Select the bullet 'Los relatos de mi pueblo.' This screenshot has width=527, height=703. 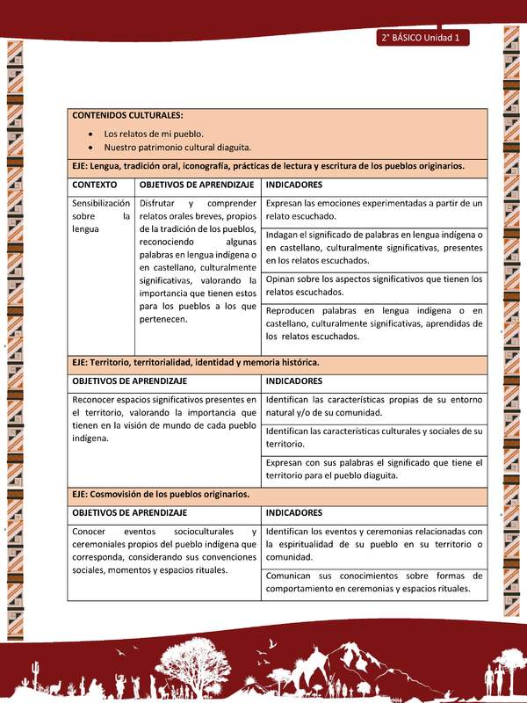pos(154,134)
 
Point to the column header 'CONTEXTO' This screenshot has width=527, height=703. pos(95,185)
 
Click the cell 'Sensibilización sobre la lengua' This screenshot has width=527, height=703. pos(101,215)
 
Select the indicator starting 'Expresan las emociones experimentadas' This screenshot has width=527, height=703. pos(373,209)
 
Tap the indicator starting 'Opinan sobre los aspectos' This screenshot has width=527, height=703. pos(373,286)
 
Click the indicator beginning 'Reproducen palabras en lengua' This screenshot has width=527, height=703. pos(373,323)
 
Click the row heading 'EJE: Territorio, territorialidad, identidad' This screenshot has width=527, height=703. pos(196,362)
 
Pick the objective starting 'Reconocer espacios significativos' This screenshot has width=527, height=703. pos(163,418)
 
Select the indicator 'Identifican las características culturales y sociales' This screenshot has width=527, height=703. pos(373,438)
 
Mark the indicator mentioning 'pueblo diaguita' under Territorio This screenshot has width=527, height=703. pos(373,469)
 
